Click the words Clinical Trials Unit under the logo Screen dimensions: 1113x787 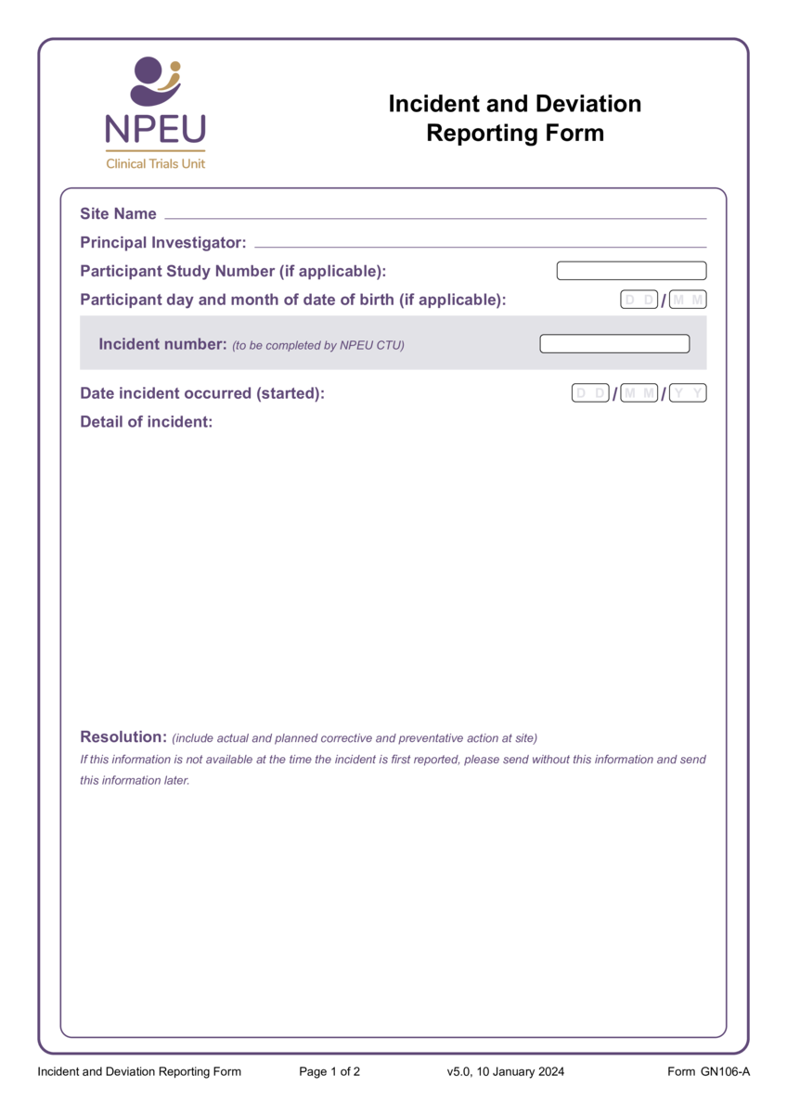(x=156, y=163)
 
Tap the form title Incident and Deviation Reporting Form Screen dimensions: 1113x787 (x=514, y=118)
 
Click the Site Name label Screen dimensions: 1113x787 (x=118, y=214)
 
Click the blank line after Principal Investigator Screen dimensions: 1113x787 (x=480, y=246)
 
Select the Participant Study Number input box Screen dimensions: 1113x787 (x=631, y=271)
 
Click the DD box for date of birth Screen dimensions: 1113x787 (x=639, y=300)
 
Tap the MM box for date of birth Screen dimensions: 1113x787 (x=688, y=300)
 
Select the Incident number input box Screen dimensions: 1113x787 (x=614, y=344)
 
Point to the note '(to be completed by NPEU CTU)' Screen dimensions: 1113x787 (x=317, y=346)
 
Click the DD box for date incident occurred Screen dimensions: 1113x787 (x=590, y=393)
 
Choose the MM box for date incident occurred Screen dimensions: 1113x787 (x=639, y=393)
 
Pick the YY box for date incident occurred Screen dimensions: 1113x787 (x=688, y=393)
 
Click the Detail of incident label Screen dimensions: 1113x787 (x=146, y=422)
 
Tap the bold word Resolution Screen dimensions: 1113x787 (x=123, y=737)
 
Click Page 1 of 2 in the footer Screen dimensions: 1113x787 (x=329, y=1072)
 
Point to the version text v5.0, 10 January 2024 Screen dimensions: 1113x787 (x=505, y=1072)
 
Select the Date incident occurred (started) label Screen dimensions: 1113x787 (x=202, y=393)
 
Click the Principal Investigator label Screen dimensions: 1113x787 (x=162, y=243)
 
